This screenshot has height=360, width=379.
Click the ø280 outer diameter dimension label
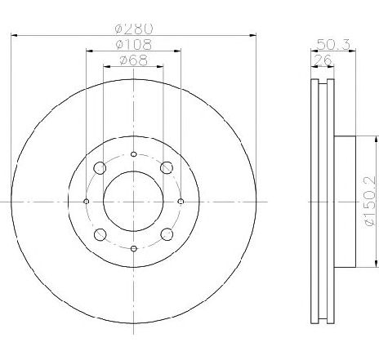click(134, 29)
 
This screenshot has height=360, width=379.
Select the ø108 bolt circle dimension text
click(133, 45)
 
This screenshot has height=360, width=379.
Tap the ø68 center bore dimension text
click(133, 60)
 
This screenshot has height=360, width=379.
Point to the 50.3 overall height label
click(333, 44)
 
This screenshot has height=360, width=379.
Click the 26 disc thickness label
click(322, 60)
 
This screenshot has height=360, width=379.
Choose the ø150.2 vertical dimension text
click(371, 201)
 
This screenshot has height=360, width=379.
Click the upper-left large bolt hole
click(100, 168)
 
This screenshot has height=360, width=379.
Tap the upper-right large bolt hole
click(167, 167)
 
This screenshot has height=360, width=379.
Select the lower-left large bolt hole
click(100, 234)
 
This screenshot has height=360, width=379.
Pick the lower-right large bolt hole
click(167, 234)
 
